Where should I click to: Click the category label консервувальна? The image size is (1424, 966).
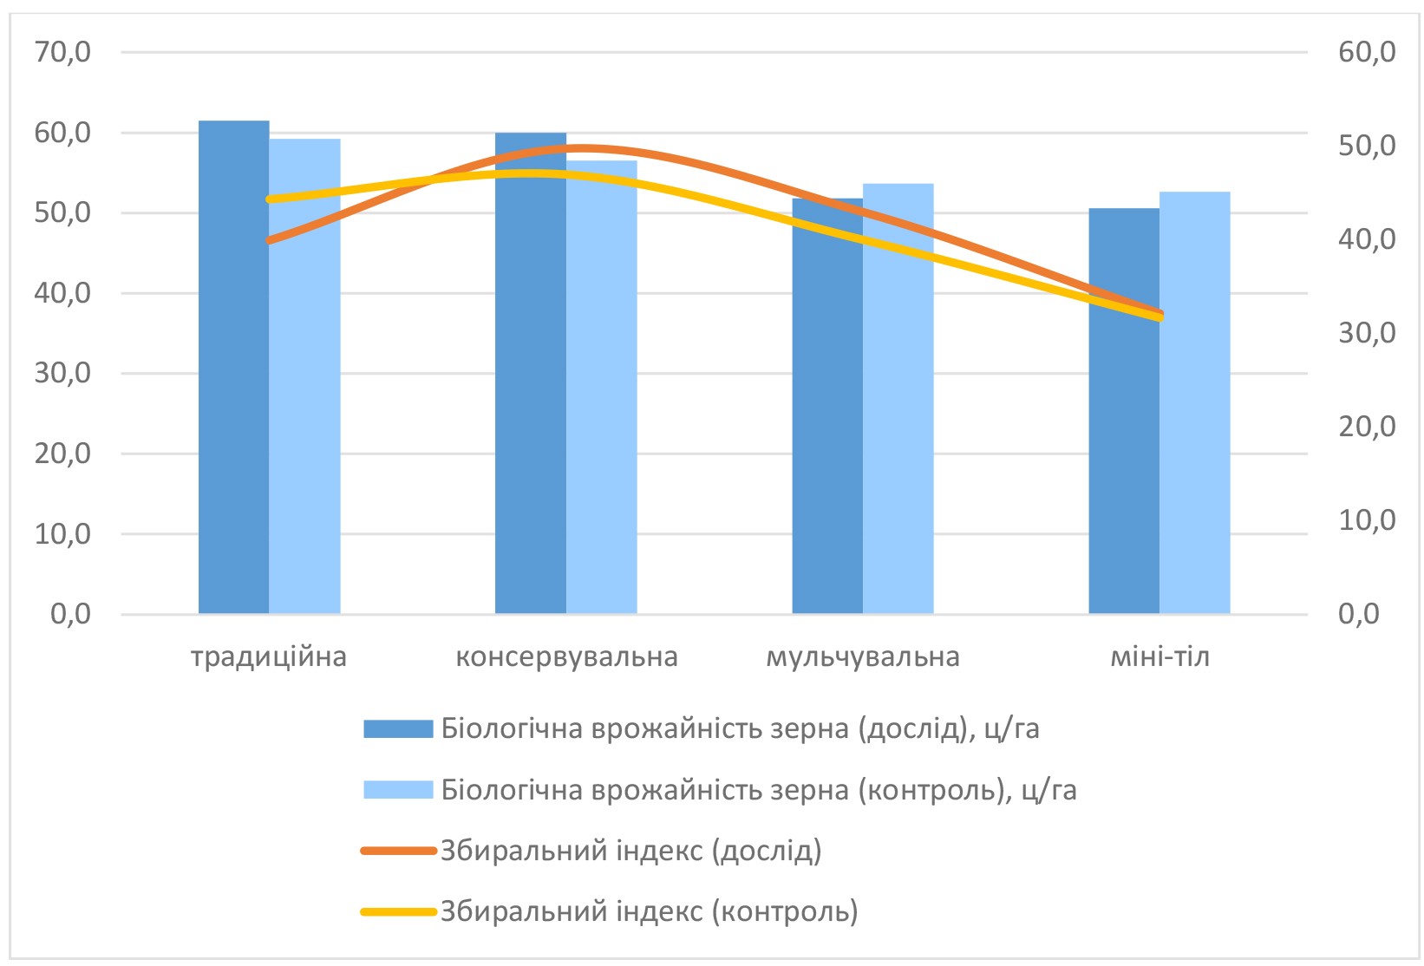tap(566, 656)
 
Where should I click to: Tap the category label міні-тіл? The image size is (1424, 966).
tap(1159, 656)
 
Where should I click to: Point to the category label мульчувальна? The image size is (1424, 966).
tap(863, 656)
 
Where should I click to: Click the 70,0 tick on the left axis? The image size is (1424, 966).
tap(62, 52)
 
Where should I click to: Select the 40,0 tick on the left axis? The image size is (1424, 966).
tap(62, 293)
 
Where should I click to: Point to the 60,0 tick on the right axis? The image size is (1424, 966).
tap(1367, 52)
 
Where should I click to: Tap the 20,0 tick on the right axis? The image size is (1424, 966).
tap(1367, 427)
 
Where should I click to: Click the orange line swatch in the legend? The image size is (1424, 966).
tap(398, 851)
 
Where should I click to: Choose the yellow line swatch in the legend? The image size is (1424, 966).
tap(398, 911)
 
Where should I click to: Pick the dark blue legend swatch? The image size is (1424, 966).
tap(398, 728)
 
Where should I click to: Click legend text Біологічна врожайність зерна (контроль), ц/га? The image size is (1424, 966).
tap(759, 790)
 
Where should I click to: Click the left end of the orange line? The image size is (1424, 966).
tap(270, 240)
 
